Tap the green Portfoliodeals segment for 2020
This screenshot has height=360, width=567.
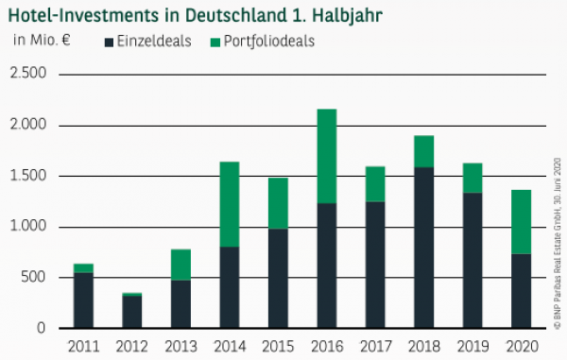point(520,222)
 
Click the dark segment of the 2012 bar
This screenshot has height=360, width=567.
point(132,312)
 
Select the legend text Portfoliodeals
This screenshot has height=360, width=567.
point(268,41)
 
